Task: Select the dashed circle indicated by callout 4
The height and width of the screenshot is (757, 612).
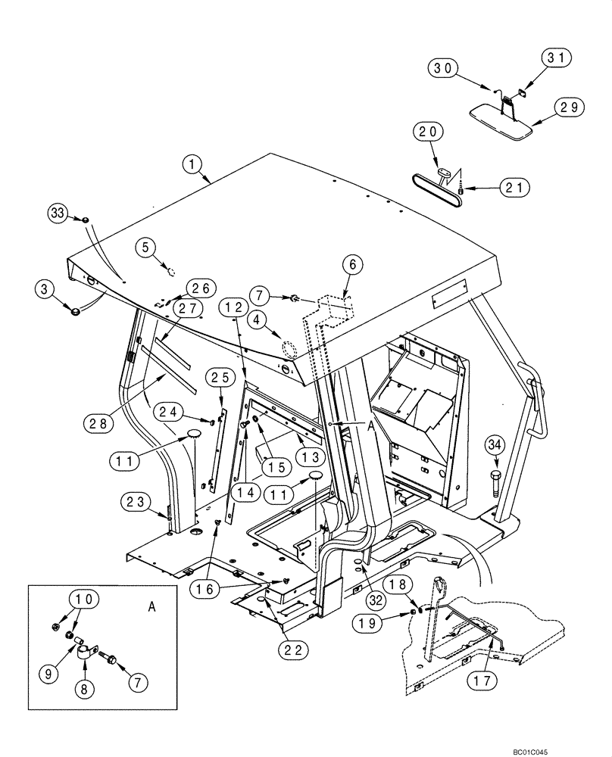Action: coord(288,350)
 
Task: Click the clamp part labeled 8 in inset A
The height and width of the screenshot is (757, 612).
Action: coord(85,652)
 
